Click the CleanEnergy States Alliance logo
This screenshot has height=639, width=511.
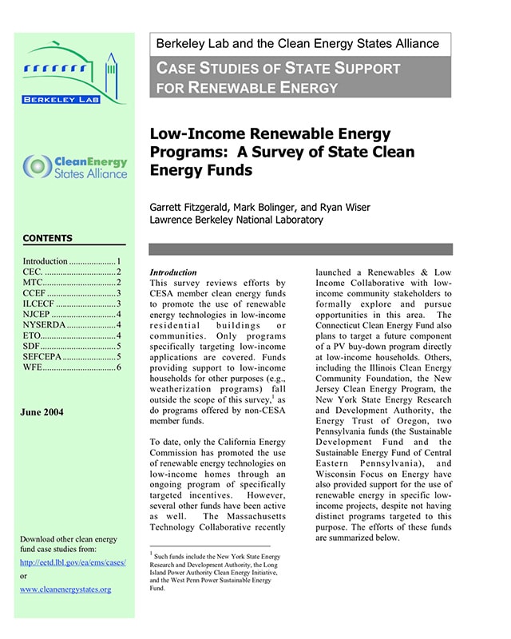[x=76, y=167]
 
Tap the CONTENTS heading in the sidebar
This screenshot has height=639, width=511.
[x=47, y=238]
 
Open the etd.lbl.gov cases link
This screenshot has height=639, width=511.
[x=72, y=562]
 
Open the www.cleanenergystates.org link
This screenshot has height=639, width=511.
[x=65, y=589]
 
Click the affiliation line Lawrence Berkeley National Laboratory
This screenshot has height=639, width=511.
[x=236, y=220]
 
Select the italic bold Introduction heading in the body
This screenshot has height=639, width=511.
[x=173, y=272]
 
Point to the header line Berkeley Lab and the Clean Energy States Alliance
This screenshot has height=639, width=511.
[x=298, y=43]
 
